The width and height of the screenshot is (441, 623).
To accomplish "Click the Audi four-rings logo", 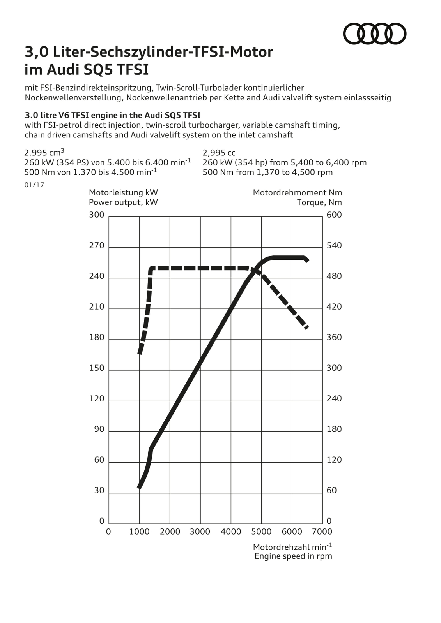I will click(374, 33).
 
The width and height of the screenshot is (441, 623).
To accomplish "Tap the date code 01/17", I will click(34, 185).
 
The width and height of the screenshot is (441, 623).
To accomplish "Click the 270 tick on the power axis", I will click(97, 246).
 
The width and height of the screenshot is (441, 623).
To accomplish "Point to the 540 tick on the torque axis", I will click(334, 246).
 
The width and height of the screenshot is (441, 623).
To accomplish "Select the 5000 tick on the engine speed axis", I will click(261, 532).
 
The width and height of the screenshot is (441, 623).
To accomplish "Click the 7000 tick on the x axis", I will click(322, 532).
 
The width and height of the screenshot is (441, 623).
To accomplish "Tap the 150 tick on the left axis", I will click(97, 368).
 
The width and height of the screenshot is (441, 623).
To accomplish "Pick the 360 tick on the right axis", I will click(334, 337).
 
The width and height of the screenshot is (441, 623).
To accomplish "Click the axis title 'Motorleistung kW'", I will click(123, 192).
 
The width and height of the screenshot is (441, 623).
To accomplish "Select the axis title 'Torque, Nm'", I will click(319, 202).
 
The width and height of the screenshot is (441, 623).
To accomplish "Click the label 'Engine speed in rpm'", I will click(293, 556).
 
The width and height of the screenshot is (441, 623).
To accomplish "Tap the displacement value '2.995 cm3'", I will click(44, 153).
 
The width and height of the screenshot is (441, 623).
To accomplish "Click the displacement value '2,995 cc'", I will click(219, 153).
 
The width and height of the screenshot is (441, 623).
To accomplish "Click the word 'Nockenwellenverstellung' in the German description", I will click(73, 98).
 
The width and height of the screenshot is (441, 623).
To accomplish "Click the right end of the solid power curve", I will click(307, 260).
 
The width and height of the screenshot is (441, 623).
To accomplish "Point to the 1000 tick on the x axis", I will click(139, 532).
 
